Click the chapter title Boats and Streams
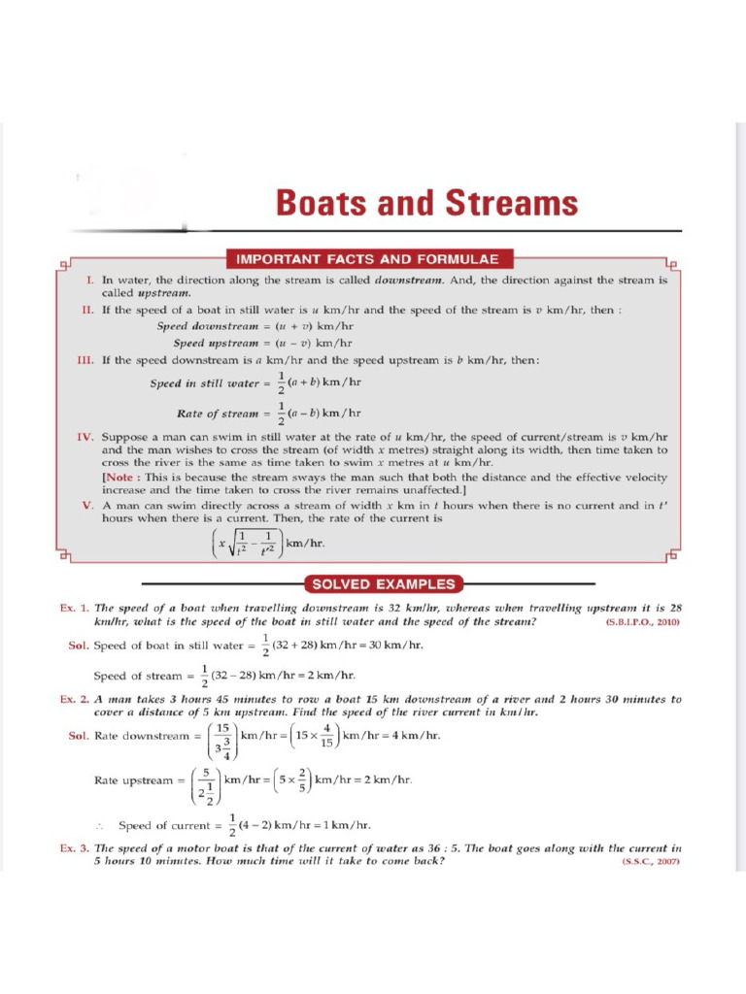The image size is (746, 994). (x=426, y=204)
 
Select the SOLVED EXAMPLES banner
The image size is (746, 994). (x=382, y=584)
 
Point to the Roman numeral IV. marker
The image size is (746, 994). (x=85, y=437)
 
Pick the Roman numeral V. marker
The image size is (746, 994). (x=87, y=505)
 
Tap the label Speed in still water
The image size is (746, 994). (x=201, y=383)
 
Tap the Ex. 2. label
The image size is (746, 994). (x=75, y=699)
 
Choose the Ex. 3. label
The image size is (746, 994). (x=75, y=847)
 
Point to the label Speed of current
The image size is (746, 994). (x=163, y=826)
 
